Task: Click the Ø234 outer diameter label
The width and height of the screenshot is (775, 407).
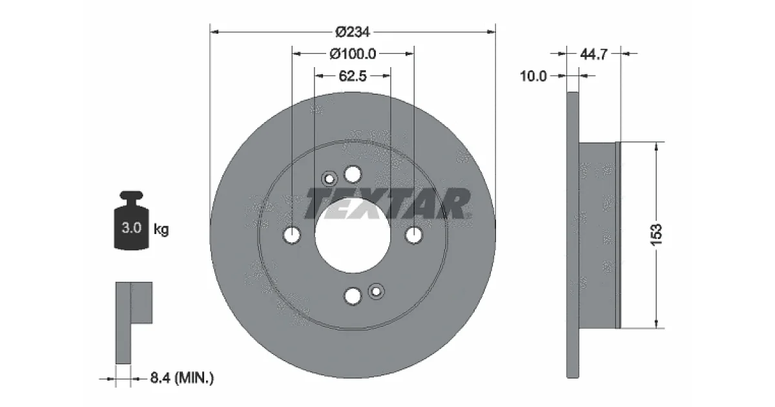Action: click(x=353, y=32)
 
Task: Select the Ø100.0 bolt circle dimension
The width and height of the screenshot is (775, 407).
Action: click(x=353, y=54)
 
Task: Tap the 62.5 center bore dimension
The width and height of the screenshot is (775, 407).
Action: click(x=353, y=76)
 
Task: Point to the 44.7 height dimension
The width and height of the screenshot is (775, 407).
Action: click(x=594, y=54)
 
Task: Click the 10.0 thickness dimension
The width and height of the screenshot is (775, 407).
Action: click(x=533, y=76)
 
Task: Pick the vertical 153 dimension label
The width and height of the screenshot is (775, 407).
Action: click(x=656, y=235)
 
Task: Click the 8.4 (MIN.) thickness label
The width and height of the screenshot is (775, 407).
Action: click(x=182, y=378)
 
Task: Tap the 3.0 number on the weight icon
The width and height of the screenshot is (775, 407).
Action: click(x=132, y=227)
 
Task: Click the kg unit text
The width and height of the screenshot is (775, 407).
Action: click(x=161, y=229)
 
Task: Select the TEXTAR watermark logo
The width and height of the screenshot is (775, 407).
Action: click(x=387, y=204)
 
